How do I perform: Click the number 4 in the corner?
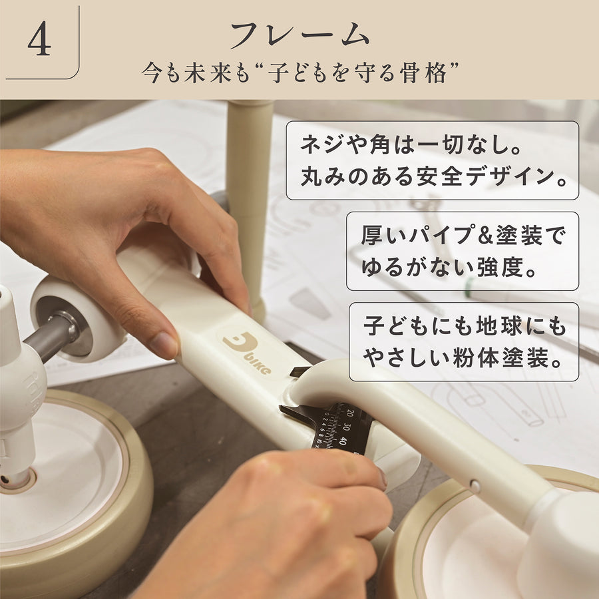(39, 39)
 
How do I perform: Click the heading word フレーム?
(300, 35)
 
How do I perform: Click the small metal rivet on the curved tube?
(475, 487)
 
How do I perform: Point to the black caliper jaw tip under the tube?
(286, 409)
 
